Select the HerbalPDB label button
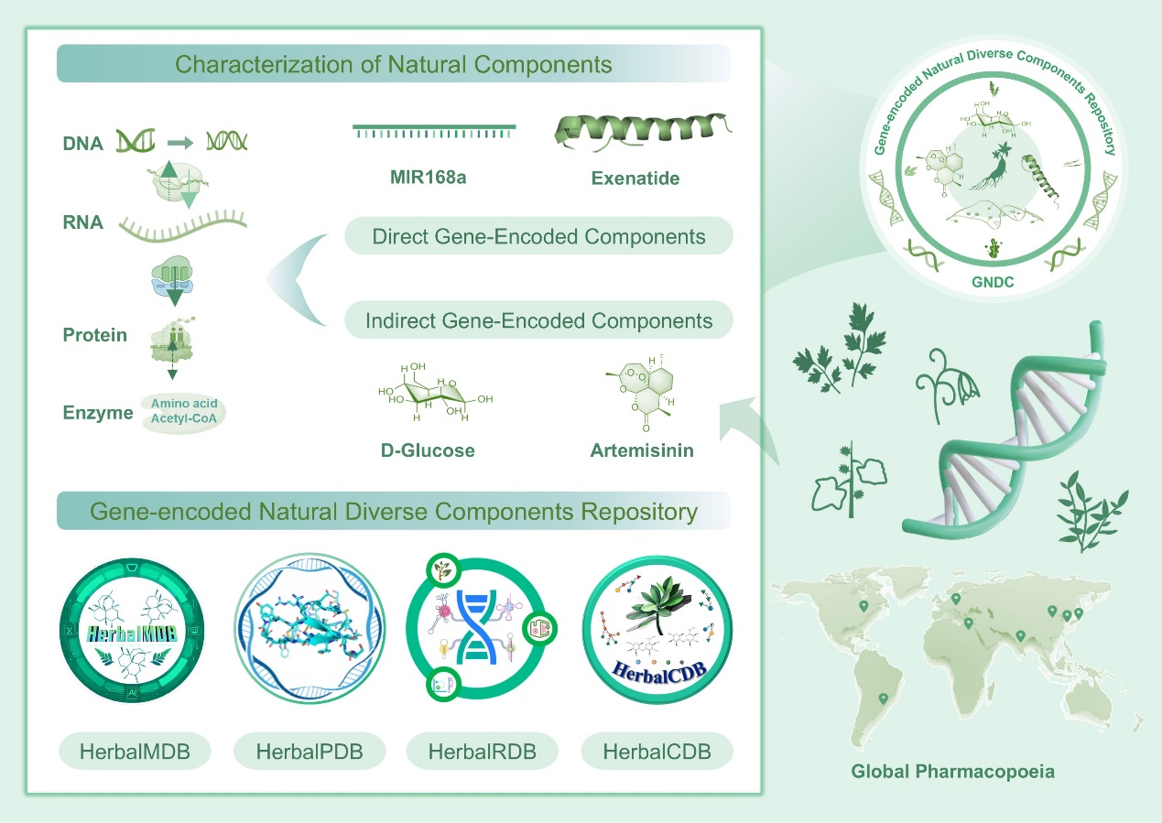(310, 753)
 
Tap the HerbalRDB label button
(482, 753)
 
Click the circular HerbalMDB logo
(135, 633)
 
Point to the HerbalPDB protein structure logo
(309, 633)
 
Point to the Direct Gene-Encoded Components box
(538, 236)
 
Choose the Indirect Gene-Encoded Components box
(538, 321)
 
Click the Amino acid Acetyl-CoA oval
(183, 412)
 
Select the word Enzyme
(98, 413)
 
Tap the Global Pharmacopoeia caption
(952, 772)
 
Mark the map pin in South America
(883, 699)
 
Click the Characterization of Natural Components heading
(394, 65)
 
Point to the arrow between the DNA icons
(181, 142)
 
